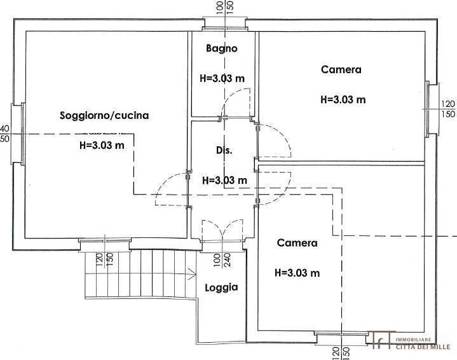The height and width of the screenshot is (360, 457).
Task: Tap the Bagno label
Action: [x=221, y=48]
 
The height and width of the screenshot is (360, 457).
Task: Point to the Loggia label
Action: [x=221, y=287]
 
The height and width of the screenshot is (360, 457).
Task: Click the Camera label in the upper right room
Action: [x=341, y=70]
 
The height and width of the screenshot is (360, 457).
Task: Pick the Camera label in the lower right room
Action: [x=297, y=243]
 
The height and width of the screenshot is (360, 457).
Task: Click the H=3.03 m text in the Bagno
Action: [x=222, y=80]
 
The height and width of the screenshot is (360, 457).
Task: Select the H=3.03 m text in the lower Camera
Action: [x=297, y=273]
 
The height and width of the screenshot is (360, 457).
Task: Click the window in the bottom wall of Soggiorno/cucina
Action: [x=105, y=241]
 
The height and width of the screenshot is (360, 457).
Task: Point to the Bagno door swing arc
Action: [x=233, y=102]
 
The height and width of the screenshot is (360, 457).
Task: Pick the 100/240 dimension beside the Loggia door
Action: [x=221, y=263]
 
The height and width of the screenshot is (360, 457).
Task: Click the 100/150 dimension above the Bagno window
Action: [x=224, y=9]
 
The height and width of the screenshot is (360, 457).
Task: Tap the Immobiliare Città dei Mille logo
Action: [x=412, y=342]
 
